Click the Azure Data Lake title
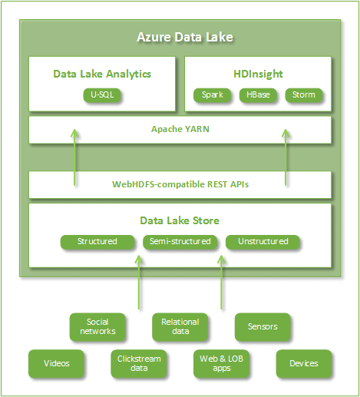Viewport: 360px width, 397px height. point(185,37)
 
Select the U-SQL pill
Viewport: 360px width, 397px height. point(102,95)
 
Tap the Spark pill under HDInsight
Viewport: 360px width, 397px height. point(212,95)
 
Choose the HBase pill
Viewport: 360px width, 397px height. point(258,95)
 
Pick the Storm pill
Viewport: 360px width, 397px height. point(304,95)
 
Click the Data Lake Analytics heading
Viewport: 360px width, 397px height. point(102,74)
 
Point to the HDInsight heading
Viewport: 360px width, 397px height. point(258,74)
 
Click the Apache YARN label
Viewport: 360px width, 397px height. point(180,129)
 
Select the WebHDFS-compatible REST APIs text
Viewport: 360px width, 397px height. point(180,184)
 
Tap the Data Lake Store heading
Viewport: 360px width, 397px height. point(180,220)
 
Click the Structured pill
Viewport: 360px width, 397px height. point(97,242)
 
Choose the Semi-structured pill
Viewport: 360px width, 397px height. point(180,242)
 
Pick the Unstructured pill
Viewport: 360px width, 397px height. point(263,242)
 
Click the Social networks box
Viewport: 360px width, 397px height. point(97,327)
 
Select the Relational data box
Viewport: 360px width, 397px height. point(180,327)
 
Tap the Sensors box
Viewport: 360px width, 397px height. point(263,327)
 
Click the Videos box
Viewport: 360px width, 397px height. point(56,363)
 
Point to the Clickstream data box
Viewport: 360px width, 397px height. point(139,363)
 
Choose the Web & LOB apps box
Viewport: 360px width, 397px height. point(221,363)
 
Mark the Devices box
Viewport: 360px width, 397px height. point(304,363)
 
